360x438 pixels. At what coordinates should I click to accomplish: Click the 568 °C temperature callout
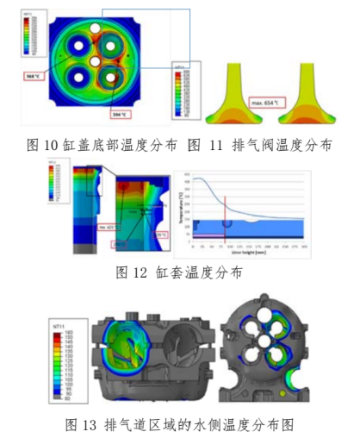[x=35, y=75]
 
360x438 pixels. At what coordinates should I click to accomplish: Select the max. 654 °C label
[x=270, y=103]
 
